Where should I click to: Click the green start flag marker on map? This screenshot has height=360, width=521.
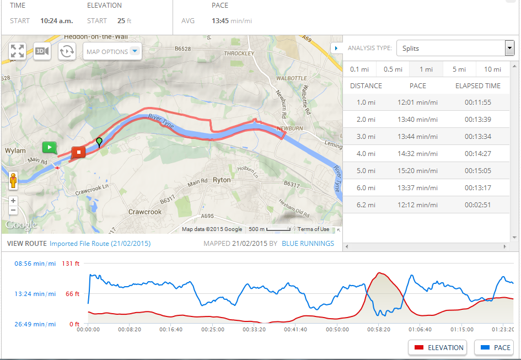[x=49, y=147]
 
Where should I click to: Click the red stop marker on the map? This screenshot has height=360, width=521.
[x=78, y=152]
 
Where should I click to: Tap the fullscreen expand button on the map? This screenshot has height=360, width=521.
[x=17, y=51]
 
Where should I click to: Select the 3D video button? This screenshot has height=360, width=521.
[x=42, y=51]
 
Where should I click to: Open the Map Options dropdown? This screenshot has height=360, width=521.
[x=112, y=52]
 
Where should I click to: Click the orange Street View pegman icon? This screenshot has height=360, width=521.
[x=13, y=180]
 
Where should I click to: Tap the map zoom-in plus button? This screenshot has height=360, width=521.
[x=13, y=201]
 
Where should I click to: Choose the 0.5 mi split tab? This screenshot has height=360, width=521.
[x=393, y=69]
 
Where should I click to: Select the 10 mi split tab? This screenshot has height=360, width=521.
[x=492, y=69]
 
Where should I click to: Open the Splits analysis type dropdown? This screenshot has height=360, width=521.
[x=455, y=49]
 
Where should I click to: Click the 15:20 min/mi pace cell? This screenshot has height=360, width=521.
[x=417, y=171]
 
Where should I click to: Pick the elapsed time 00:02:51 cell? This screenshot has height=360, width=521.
[x=477, y=205]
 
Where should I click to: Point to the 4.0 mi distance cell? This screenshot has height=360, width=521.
[x=366, y=154]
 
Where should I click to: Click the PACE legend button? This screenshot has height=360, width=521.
[x=493, y=348]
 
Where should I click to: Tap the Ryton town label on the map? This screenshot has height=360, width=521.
[x=222, y=180]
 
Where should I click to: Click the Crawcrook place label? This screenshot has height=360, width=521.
[x=145, y=212]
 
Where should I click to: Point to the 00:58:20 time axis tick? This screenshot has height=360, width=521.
[x=379, y=329]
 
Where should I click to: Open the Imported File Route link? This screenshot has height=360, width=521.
[x=100, y=244]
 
